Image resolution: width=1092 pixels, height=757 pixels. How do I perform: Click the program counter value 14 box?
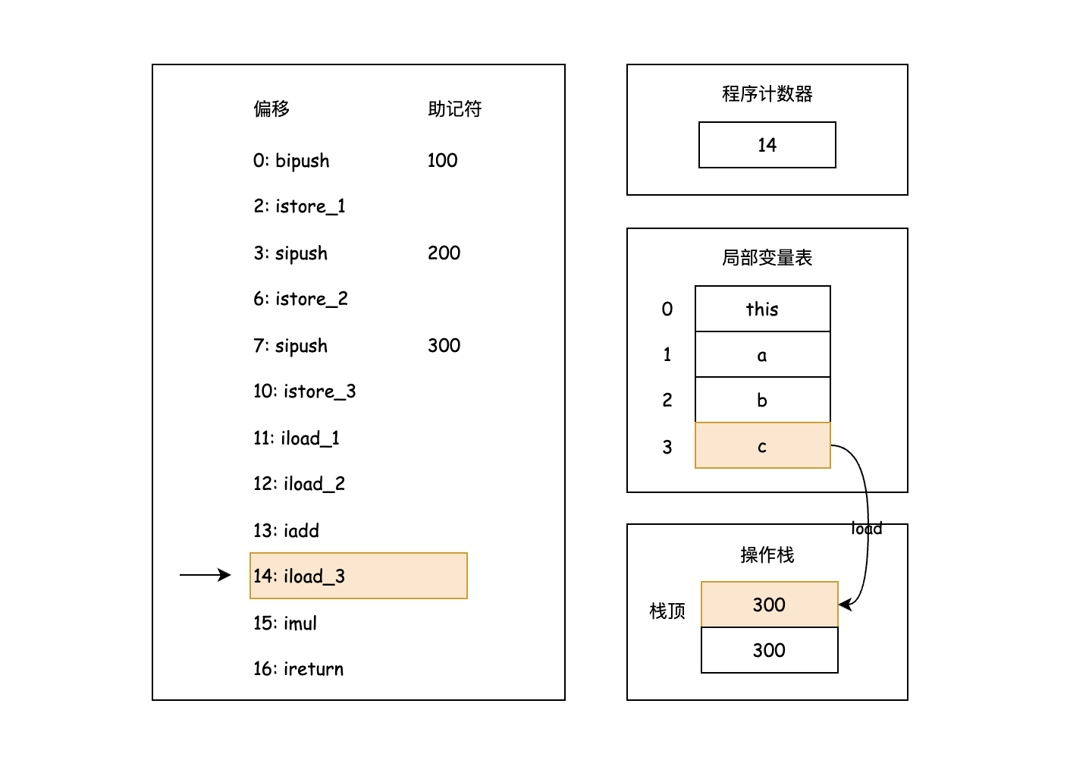767,145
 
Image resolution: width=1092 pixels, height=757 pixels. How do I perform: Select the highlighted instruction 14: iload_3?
358,576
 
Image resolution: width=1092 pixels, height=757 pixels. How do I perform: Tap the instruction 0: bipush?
291,161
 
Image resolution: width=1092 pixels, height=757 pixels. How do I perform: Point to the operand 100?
442,161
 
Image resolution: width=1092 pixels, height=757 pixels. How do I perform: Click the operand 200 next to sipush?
444,253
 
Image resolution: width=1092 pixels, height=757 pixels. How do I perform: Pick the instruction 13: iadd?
286,531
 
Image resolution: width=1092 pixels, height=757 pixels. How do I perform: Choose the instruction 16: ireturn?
298,669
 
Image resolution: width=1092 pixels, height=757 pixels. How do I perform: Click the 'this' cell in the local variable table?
762,309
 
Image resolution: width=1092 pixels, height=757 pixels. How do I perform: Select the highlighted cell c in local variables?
762,446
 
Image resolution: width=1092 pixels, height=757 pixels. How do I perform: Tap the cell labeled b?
762,400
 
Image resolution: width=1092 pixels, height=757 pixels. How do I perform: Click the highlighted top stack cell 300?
769,605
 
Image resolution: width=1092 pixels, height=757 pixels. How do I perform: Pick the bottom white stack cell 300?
769,650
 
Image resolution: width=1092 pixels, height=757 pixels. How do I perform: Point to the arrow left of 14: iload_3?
205,575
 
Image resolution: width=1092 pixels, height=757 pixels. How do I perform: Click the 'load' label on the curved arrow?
867,528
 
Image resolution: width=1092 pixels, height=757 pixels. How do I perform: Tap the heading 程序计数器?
767,94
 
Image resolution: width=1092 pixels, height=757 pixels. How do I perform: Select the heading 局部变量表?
767,258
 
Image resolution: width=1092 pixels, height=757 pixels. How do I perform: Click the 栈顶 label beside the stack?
667,611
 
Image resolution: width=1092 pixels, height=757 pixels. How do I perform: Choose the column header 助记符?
454,109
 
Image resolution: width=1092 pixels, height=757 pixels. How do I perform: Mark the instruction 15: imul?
285,624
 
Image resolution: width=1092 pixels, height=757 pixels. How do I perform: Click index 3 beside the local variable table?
667,448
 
